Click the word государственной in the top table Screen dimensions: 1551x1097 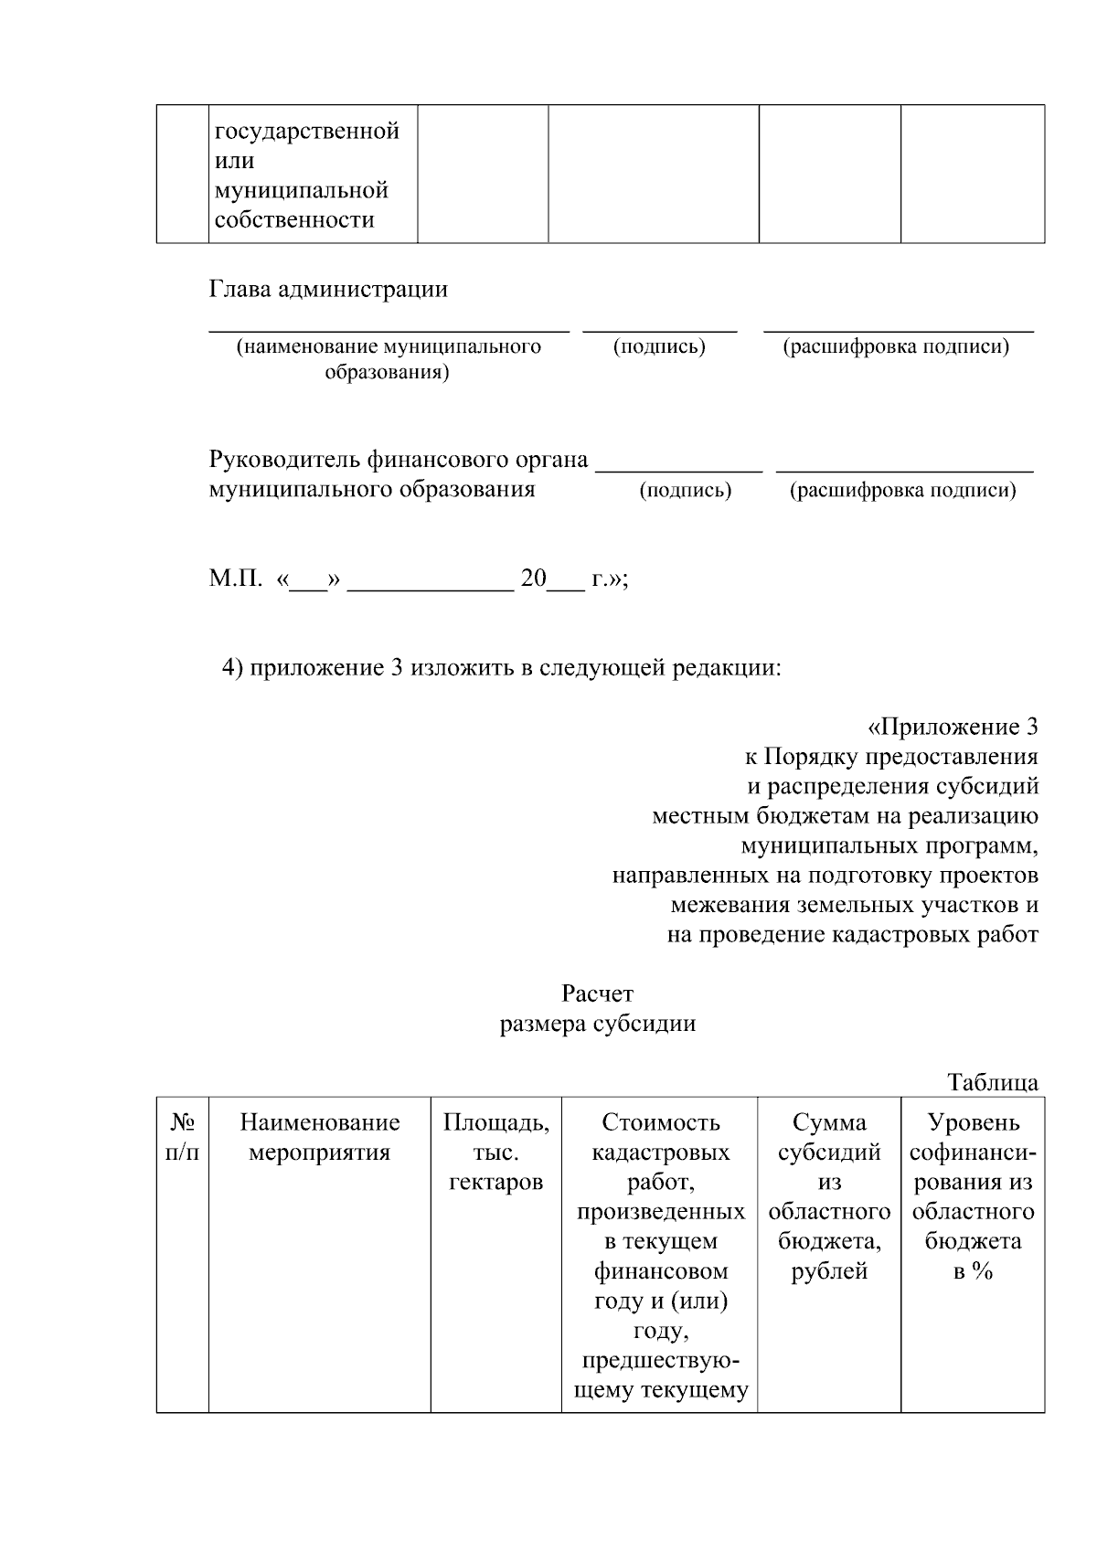[x=307, y=132]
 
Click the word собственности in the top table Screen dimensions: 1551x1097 [x=294, y=220]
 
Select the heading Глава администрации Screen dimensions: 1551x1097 [x=328, y=290]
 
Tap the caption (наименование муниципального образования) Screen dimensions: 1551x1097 [x=389, y=359]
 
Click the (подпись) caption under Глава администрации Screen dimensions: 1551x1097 [x=659, y=347]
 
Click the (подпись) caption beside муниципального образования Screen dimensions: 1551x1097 [x=686, y=491]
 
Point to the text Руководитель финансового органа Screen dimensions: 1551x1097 [x=399, y=459]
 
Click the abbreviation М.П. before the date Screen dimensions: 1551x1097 [x=236, y=579]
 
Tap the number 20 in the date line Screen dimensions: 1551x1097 [x=532, y=579]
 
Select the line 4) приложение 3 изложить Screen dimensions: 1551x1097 [x=502, y=668]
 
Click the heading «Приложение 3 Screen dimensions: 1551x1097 [x=952, y=728]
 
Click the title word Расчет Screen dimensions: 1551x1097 [x=597, y=993]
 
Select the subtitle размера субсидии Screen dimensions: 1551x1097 [x=597, y=1024]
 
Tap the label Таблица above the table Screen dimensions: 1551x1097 [x=993, y=1083]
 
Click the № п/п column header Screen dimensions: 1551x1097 [x=182, y=1137]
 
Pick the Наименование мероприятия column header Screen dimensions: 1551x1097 [x=320, y=1137]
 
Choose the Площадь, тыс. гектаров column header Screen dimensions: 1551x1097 [x=496, y=1152]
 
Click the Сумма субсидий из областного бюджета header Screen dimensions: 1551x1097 [x=829, y=1196]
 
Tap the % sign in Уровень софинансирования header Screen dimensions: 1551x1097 [x=983, y=1271]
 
